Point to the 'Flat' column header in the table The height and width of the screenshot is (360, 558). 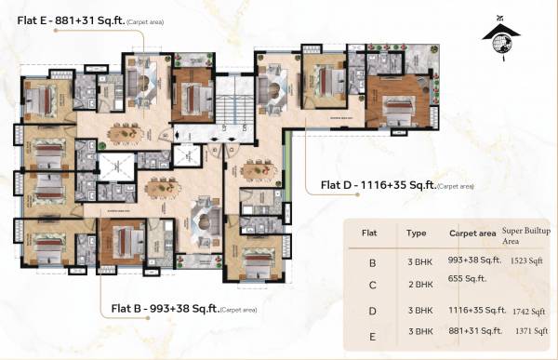(x=369, y=234)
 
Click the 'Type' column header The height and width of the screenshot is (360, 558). (x=416, y=234)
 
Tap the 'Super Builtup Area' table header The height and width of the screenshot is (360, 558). (x=525, y=233)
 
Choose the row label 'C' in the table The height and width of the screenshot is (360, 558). (x=372, y=286)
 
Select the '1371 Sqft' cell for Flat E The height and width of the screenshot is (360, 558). (x=528, y=332)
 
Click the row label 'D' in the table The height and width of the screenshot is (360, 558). (x=372, y=311)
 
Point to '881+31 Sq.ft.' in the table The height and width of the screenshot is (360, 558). (x=477, y=331)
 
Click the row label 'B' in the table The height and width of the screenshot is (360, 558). (x=372, y=263)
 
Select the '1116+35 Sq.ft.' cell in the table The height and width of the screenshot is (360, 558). (x=478, y=309)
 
